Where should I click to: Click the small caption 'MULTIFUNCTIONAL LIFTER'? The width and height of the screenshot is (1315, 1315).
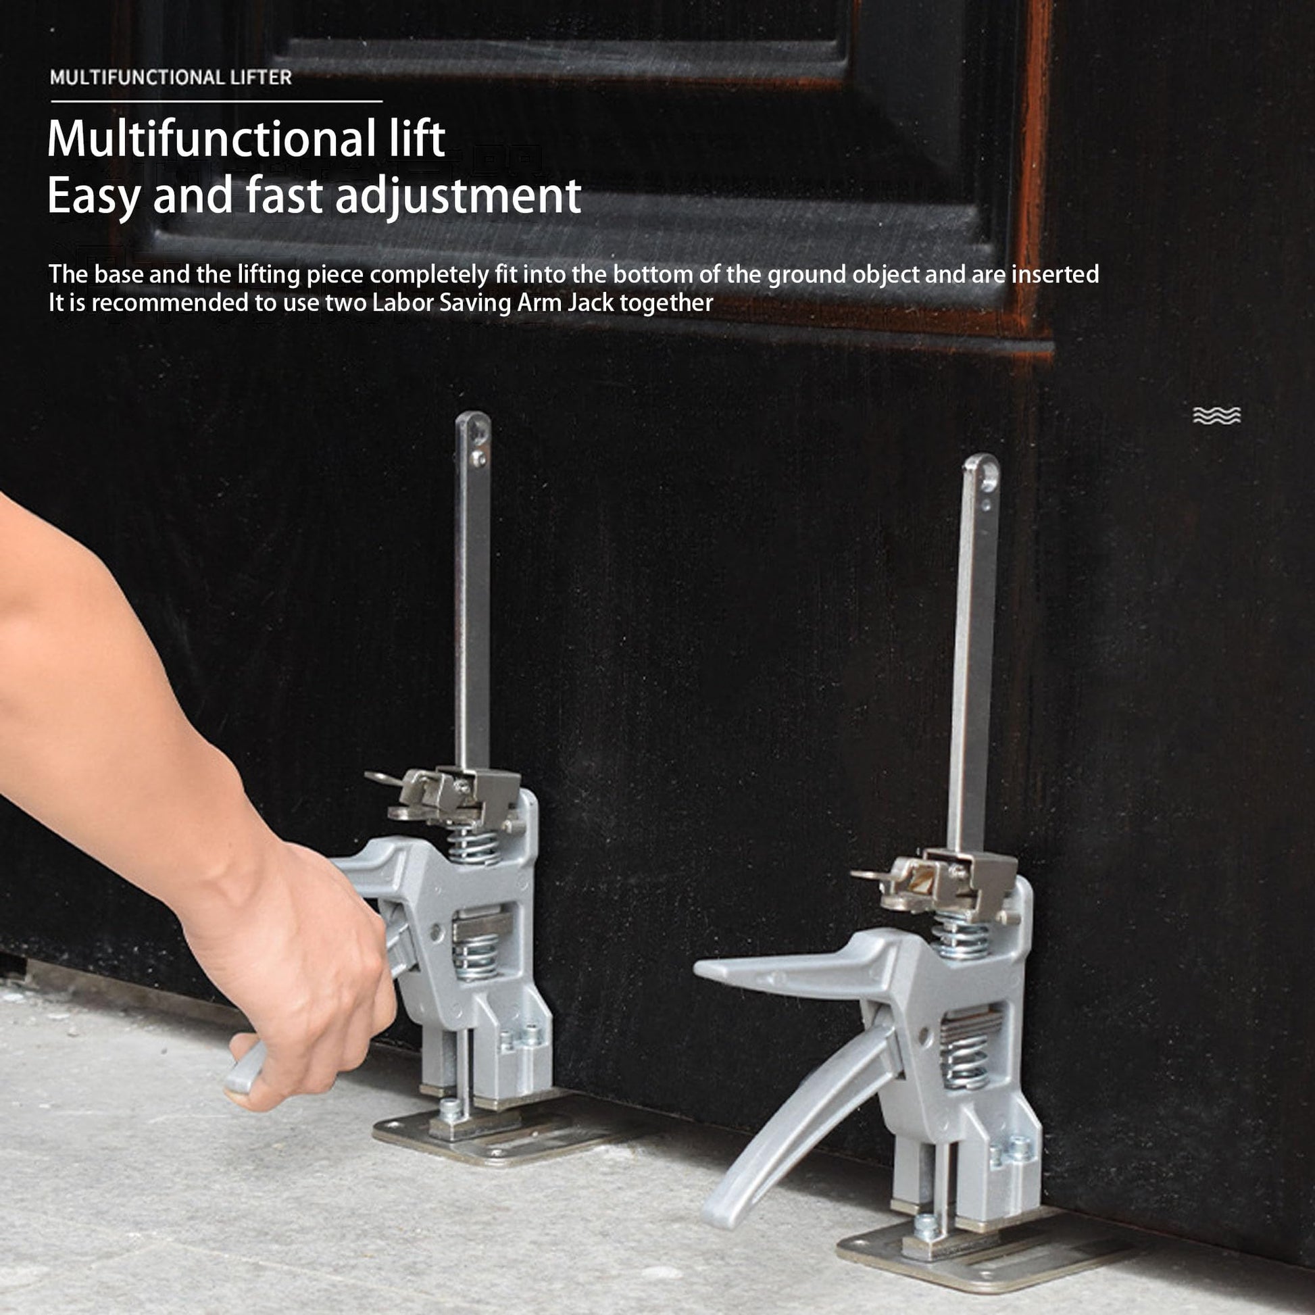pyautogui.click(x=171, y=78)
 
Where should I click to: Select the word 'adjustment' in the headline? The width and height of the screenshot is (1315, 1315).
pyautogui.click(x=459, y=197)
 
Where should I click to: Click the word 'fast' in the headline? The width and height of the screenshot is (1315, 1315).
pyautogui.click(x=284, y=195)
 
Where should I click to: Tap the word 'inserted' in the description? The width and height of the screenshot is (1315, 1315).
pyautogui.click(x=1055, y=274)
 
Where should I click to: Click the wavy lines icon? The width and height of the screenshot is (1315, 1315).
pyautogui.click(x=1217, y=415)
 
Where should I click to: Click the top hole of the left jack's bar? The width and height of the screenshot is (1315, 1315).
pyautogui.click(x=480, y=429)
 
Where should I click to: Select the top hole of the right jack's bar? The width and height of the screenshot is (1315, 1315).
pyautogui.click(x=988, y=476)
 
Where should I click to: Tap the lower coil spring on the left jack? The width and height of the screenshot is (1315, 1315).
pyautogui.click(x=476, y=953)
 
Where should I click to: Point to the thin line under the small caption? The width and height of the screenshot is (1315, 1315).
pyautogui.click(x=216, y=101)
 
